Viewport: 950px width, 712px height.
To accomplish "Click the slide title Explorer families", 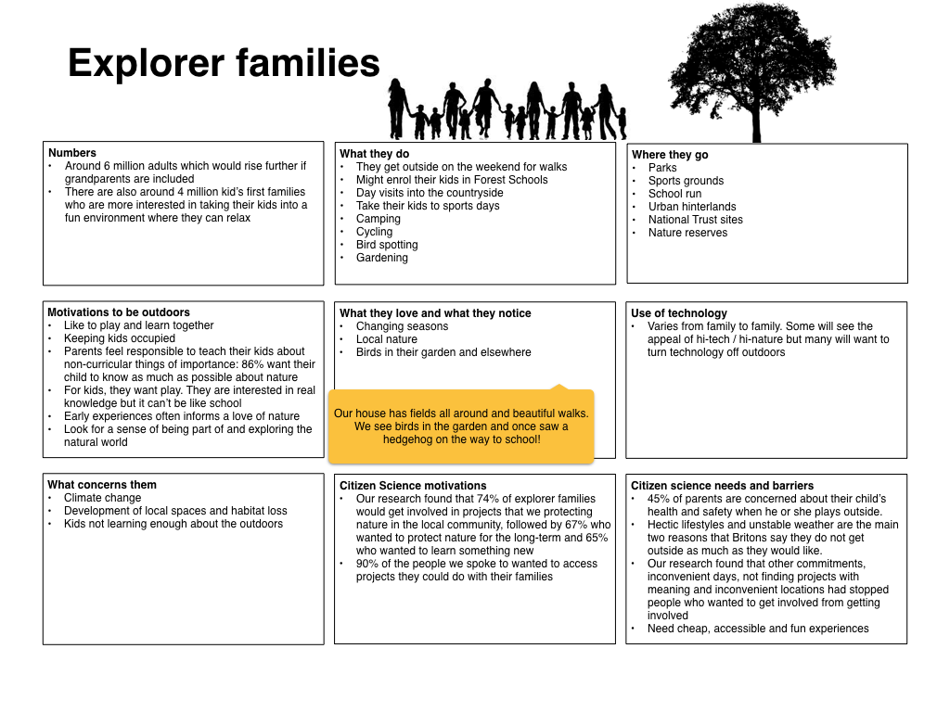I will (224, 64).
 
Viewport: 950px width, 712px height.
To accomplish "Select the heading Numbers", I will (72, 153).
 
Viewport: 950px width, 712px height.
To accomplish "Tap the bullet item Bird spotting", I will (387, 245).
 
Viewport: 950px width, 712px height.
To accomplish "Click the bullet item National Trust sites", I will (695, 220).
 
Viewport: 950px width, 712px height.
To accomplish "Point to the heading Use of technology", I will (679, 313).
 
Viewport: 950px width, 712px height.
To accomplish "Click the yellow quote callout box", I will (461, 426).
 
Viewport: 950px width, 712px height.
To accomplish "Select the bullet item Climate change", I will (102, 498).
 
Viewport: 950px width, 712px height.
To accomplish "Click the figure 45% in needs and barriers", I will (660, 499).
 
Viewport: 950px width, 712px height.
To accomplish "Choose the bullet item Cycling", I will (374, 232).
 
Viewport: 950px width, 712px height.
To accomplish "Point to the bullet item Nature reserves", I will (687, 233).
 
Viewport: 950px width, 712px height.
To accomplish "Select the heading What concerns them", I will (102, 485).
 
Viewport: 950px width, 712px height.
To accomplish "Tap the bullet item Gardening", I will (381, 258).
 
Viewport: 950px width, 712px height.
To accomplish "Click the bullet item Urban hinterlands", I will (692, 207).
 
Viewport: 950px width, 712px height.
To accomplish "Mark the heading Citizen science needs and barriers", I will (722, 486).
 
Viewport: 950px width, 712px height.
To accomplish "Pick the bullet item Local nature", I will (387, 339).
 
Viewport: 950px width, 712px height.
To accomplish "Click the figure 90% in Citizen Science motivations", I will (368, 564).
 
